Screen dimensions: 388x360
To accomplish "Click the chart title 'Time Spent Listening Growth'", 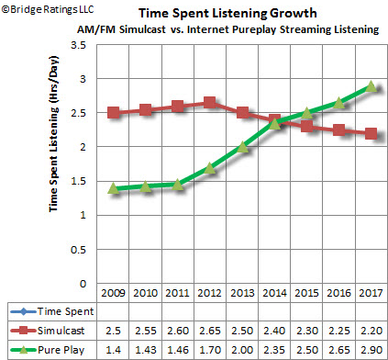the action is (x=227, y=14).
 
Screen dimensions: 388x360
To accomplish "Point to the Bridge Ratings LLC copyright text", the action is (x=48, y=9).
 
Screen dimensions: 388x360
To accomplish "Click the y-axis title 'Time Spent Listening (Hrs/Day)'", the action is (x=53, y=134).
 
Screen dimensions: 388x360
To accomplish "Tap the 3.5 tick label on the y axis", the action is (x=79, y=45).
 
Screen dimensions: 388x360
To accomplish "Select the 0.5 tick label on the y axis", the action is (x=79, y=250).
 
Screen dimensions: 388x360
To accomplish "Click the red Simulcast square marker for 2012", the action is (x=209, y=103).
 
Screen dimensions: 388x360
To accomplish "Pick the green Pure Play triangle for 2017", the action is (x=371, y=86).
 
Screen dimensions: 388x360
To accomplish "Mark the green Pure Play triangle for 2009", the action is (x=113, y=188).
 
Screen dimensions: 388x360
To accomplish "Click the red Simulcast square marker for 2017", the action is (x=371, y=133).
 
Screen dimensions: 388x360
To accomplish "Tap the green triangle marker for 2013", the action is (x=242, y=147).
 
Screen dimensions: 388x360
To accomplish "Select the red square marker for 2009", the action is (x=113, y=113).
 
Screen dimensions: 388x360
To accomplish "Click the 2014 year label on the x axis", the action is (x=274, y=293).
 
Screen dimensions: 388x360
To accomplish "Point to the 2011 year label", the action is (x=178, y=293).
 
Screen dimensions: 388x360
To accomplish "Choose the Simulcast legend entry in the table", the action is (x=48, y=331).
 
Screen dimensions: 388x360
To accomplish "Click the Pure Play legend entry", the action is (x=48, y=350).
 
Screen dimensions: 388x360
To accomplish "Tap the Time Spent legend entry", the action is (x=52, y=311).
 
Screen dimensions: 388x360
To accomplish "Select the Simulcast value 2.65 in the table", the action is (x=210, y=331).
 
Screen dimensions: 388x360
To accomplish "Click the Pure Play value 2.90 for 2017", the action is (x=371, y=350).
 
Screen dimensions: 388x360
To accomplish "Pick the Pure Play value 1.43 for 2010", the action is (x=146, y=350).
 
